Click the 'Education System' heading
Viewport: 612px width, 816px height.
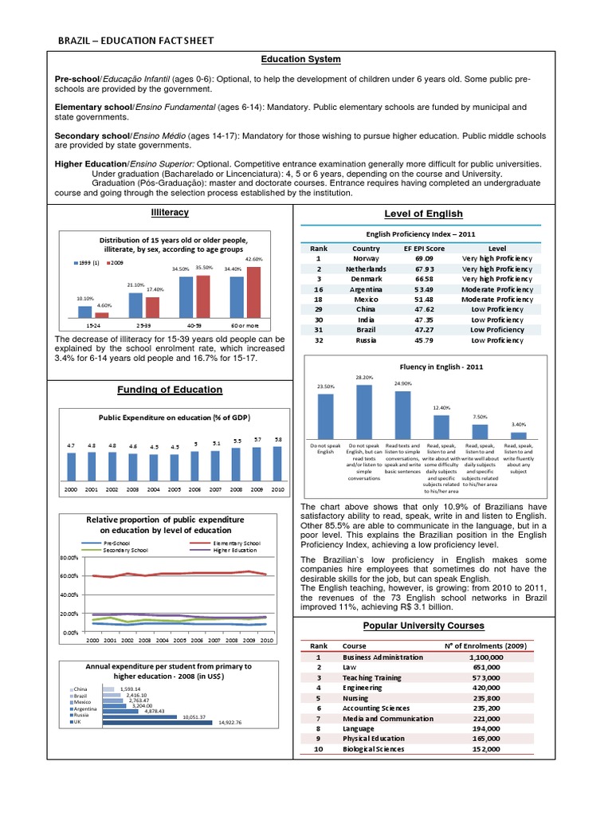pos(301,60)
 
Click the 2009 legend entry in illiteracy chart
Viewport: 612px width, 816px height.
pos(116,263)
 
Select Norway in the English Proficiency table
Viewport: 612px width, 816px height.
pos(366,259)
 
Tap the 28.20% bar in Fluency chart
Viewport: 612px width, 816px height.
pos(364,410)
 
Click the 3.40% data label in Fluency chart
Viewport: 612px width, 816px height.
pos(518,426)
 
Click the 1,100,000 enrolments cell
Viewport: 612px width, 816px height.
pos(485,657)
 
